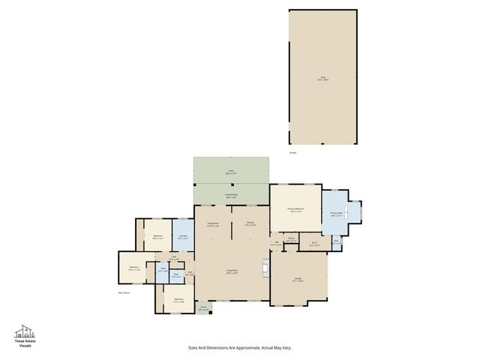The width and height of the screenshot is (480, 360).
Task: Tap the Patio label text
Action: pyautogui.click(x=231, y=172)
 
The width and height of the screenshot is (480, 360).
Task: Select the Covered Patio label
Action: pyautogui.click(x=231, y=195)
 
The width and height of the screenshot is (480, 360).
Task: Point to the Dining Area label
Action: pyautogui.click(x=212, y=223)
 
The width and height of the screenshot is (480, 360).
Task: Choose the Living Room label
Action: pyautogui.click(x=232, y=271)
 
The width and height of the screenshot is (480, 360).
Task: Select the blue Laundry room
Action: pyautogui.click(x=183, y=236)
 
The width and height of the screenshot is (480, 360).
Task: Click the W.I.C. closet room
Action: pyautogui.click(x=315, y=242)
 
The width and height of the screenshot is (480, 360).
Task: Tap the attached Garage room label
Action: pyautogui.click(x=298, y=279)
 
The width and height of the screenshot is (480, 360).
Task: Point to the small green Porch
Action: pyautogui.click(x=203, y=307)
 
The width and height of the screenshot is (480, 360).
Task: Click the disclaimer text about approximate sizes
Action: pyautogui.click(x=239, y=347)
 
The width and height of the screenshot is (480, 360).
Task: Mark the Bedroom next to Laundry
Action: pyautogui.click(x=158, y=236)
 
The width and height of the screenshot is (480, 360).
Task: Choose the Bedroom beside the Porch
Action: pyautogui.click(x=178, y=300)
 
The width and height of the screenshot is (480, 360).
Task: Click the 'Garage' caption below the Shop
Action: pyautogui.click(x=292, y=153)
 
